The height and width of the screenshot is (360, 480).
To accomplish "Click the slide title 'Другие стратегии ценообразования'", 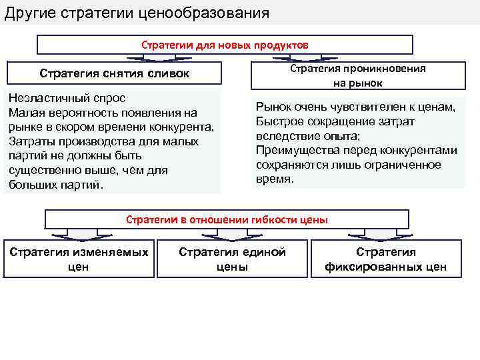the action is click(x=137, y=13).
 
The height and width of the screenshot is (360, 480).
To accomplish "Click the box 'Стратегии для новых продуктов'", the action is click(x=225, y=44).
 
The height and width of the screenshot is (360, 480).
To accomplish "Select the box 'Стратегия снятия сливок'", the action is click(x=114, y=73).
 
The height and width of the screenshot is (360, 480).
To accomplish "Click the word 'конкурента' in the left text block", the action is click(x=184, y=127).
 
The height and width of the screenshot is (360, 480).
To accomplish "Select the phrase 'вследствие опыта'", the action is click(x=298, y=136).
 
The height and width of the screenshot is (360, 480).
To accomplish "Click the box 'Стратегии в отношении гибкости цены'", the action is click(x=227, y=219).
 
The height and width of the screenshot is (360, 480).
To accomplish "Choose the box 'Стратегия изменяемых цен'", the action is click(x=78, y=259).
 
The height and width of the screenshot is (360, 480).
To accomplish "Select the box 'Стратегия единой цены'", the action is click(x=232, y=259).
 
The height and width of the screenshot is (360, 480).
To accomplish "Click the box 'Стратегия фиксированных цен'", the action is click(x=385, y=259).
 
